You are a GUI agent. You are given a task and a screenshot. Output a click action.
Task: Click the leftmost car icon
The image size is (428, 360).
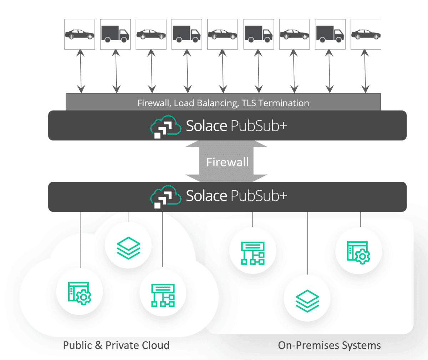(80, 35)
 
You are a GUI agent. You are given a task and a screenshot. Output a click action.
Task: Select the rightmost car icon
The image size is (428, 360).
(366, 35)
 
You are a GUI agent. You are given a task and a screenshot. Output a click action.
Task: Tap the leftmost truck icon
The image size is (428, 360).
(115, 34)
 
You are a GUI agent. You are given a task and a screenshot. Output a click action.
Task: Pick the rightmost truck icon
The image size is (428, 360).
(330, 34)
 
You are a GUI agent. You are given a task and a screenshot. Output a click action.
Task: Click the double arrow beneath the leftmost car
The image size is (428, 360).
(81, 71)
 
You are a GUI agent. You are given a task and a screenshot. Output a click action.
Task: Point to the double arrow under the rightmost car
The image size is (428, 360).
(365, 71)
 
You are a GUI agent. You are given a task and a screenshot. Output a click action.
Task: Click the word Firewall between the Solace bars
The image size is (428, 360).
(228, 162)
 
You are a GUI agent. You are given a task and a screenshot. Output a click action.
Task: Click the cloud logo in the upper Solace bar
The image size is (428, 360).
(165, 127)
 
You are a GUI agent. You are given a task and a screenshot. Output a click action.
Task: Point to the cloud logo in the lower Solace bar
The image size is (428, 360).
(165, 196)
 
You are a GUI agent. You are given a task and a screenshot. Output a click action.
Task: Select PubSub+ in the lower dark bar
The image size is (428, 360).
(259, 196)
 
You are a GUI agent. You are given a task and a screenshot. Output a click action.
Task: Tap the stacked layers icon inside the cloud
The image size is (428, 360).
(128, 247)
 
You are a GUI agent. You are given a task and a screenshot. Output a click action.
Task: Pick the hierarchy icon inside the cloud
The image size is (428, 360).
(163, 295)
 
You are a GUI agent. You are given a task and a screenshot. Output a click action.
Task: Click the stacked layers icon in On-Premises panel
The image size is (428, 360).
(307, 300)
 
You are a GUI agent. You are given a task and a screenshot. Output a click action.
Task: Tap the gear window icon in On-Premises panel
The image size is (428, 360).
(358, 252)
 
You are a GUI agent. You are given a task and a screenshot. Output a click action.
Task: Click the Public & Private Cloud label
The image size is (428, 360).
(116, 345)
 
